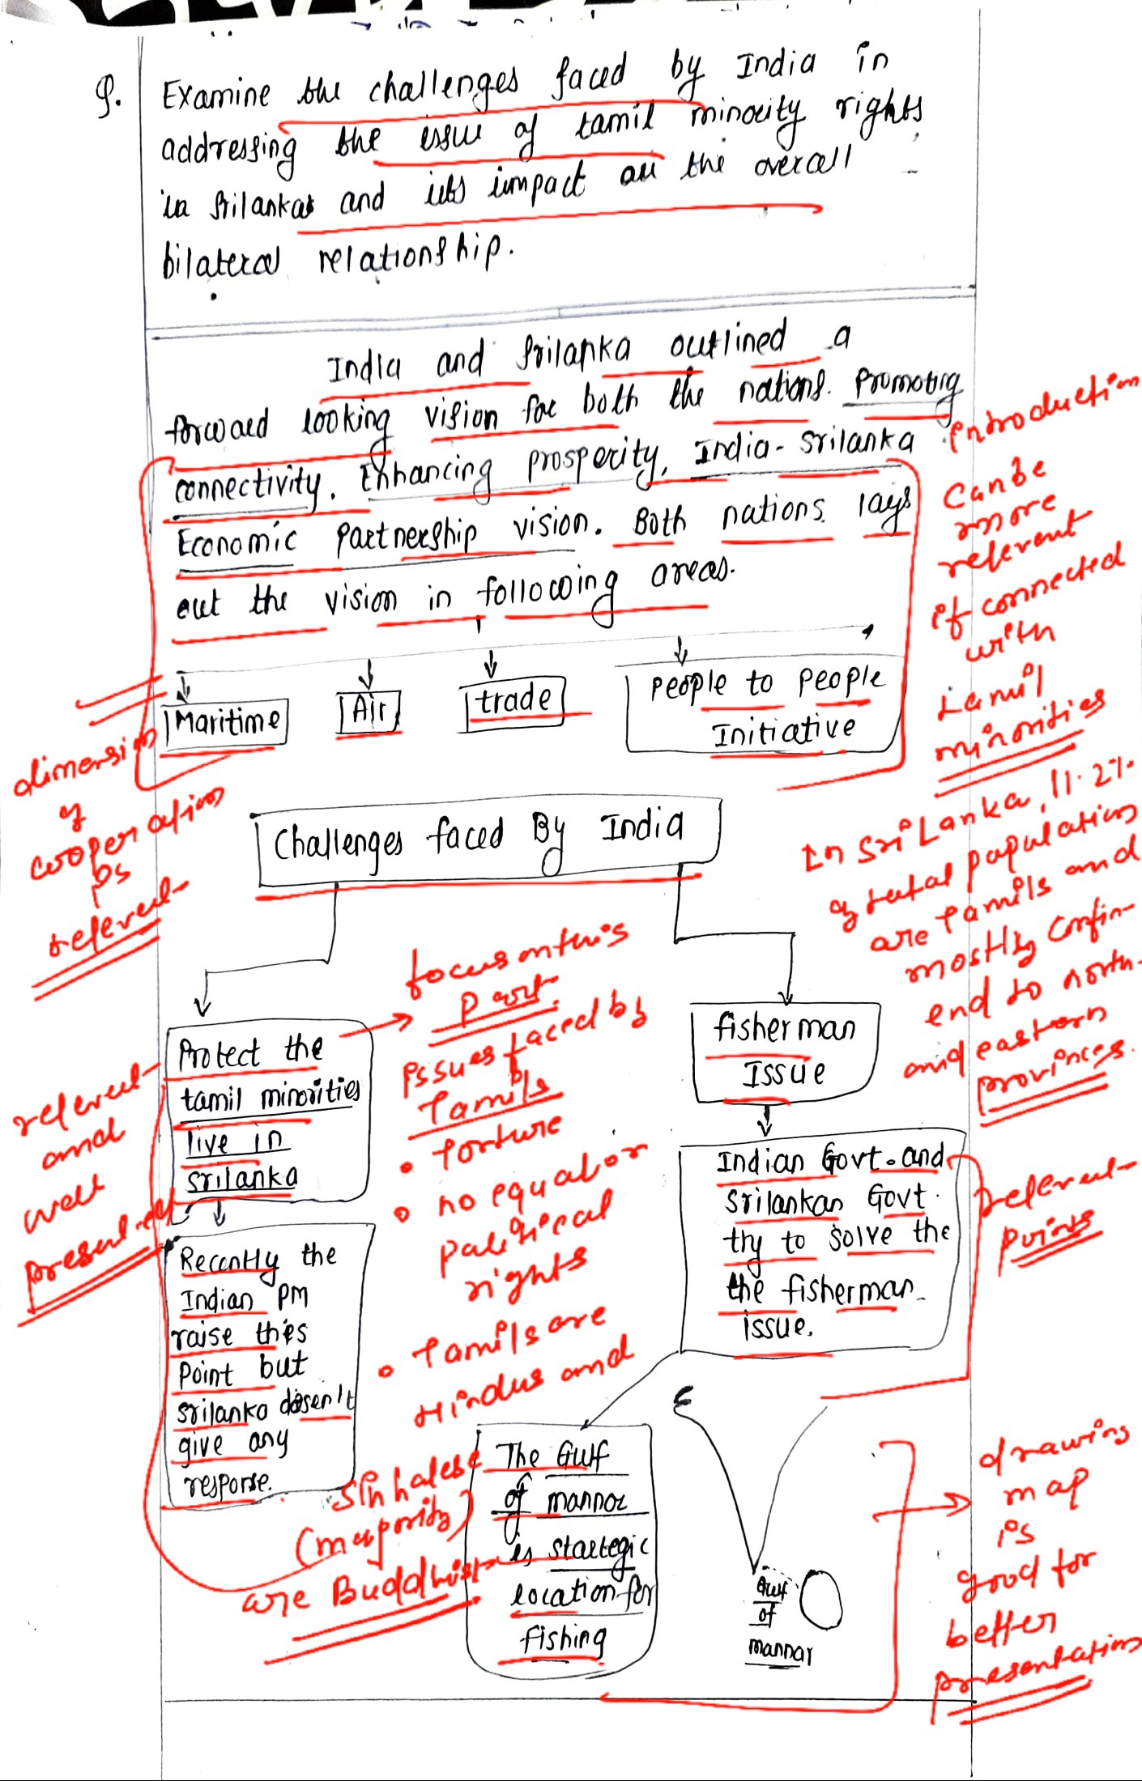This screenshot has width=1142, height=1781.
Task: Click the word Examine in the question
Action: coord(215,96)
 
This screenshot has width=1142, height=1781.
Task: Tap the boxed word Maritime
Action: coord(225,720)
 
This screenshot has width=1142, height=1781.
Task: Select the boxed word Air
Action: coord(369,712)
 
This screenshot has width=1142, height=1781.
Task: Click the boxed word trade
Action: coord(513,700)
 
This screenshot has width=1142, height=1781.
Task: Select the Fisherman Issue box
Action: coord(783,1051)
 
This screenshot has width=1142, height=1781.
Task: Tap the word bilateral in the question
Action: coord(220,261)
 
